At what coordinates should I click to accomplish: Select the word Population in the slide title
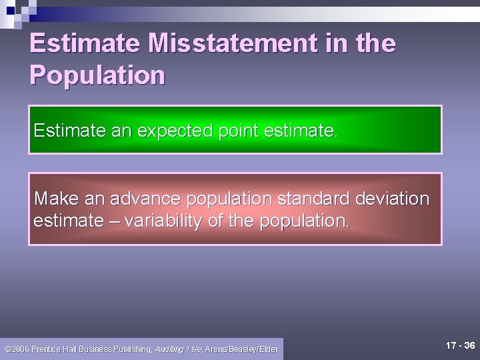[x=97, y=75]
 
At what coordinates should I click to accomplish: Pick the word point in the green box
[x=239, y=130]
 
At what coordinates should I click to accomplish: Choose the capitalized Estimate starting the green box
[x=70, y=130]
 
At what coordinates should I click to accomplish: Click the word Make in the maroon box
[x=55, y=199]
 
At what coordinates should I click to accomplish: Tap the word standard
[x=314, y=199]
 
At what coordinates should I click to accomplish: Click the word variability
[x=161, y=221]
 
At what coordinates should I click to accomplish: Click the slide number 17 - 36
[x=460, y=345]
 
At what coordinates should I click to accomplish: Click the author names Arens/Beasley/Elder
[x=241, y=349]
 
